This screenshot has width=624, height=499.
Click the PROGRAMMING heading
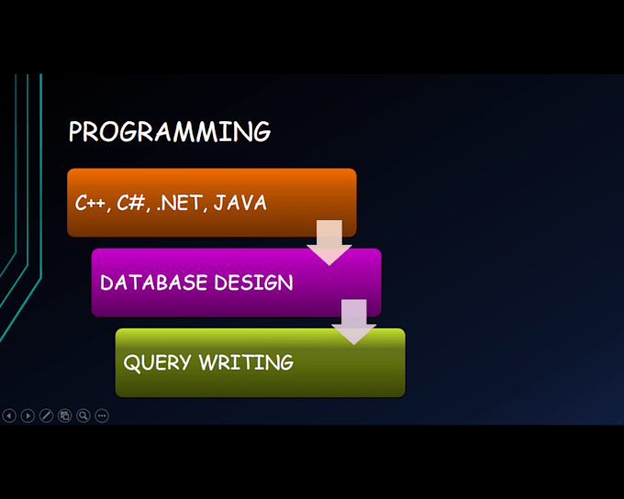click(169, 131)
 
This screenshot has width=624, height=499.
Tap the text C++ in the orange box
click(91, 204)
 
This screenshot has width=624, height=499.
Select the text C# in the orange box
click(132, 204)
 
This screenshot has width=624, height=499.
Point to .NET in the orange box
click(180, 204)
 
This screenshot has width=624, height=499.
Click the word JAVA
click(240, 203)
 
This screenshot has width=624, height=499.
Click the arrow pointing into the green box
click(353, 321)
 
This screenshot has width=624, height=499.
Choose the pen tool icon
click(46, 416)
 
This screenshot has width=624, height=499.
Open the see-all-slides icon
click(64, 416)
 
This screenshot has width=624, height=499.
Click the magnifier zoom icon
click(83, 416)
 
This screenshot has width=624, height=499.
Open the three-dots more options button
click(102, 416)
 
